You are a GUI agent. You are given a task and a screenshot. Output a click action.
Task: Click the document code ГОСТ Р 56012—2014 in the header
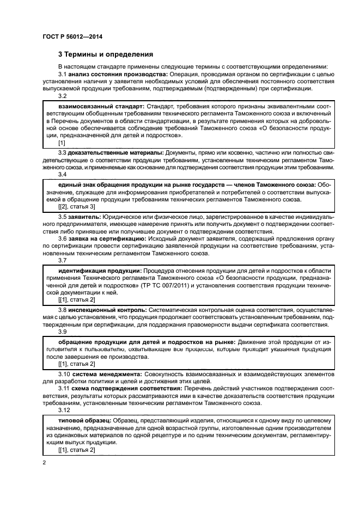click(x=72, y=37)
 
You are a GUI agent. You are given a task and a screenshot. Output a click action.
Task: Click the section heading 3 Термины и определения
click(x=106, y=54)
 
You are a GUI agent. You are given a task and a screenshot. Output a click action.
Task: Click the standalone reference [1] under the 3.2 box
click(x=62, y=142)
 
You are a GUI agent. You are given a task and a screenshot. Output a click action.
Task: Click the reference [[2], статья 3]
click(x=76, y=207)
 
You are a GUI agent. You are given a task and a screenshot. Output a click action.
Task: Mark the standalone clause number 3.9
click(x=63, y=331)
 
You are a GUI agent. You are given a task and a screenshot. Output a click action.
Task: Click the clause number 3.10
click(x=64, y=375)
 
